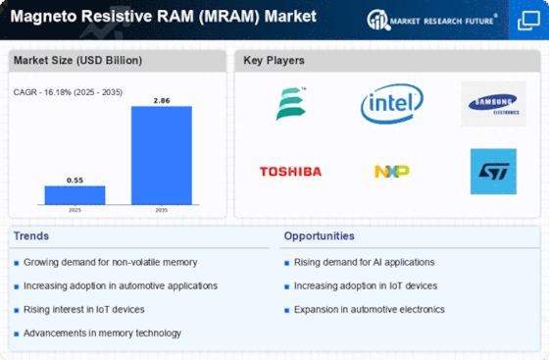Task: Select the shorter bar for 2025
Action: [x=74, y=194]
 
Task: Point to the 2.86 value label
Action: [x=162, y=100]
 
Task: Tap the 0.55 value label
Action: [x=74, y=180]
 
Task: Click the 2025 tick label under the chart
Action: [x=74, y=209]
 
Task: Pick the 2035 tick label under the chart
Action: [x=162, y=209]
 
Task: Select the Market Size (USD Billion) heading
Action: [x=77, y=61]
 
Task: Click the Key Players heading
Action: [x=274, y=61]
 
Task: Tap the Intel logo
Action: [x=391, y=104]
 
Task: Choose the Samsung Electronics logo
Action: [x=493, y=104]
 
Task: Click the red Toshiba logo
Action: [x=290, y=172]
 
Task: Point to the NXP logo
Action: [x=391, y=172]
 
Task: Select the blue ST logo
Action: [x=493, y=172]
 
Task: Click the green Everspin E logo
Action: [x=290, y=104]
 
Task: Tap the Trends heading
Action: [x=32, y=235]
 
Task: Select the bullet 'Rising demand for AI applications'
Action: [x=363, y=262]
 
